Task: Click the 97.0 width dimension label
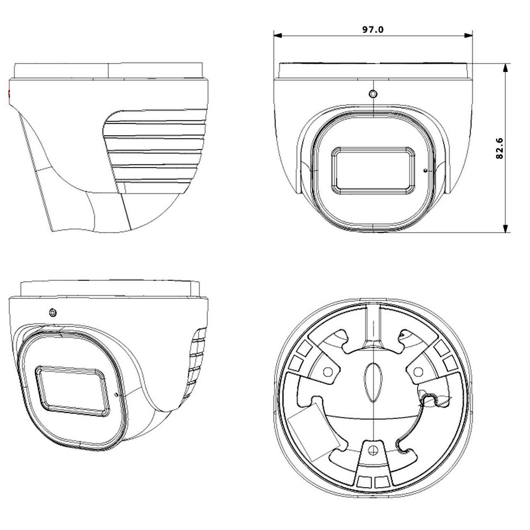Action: click(x=373, y=29)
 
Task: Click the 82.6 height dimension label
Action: click(x=499, y=148)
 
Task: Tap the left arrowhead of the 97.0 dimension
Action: click(x=278, y=36)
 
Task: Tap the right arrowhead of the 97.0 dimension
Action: click(x=469, y=36)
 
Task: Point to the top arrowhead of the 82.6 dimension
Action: click(x=505, y=68)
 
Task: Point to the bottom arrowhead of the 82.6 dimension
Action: click(x=505, y=228)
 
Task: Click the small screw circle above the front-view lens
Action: click(x=373, y=94)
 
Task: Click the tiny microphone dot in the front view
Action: click(x=425, y=170)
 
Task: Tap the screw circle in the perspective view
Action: click(x=52, y=313)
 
